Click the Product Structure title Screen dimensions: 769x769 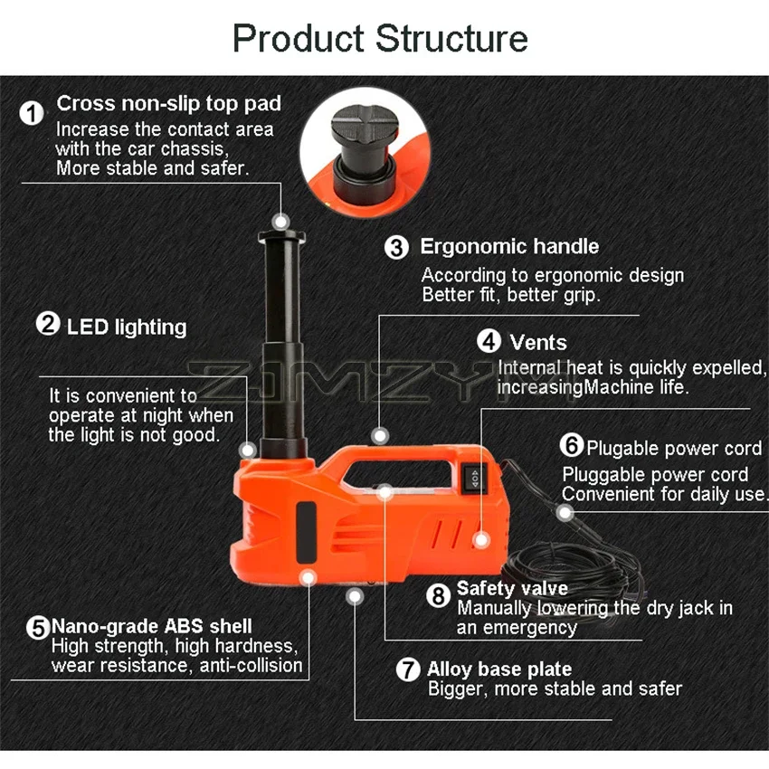tap(380, 39)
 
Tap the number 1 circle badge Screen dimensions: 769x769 tap(33, 114)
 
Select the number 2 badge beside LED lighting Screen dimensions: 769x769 tap(47, 324)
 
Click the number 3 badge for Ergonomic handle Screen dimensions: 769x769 tap(397, 247)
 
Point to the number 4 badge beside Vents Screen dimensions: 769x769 tap(489, 342)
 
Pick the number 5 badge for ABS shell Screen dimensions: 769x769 tap(37, 627)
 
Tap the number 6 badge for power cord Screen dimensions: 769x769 tap(572, 446)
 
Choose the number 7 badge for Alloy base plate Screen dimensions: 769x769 tap(410, 670)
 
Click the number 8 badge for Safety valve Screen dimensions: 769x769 tap(439, 595)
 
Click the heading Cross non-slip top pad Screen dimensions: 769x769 tap(169, 103)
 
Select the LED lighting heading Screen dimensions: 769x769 tap(127, 327)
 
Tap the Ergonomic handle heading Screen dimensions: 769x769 tap(509, 246)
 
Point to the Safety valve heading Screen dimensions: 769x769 tap(512, 589)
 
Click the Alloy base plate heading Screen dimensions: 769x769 tap(499, 669)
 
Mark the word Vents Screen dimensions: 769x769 tap(538, 343)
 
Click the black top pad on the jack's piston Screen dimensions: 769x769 tap(281, 237)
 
